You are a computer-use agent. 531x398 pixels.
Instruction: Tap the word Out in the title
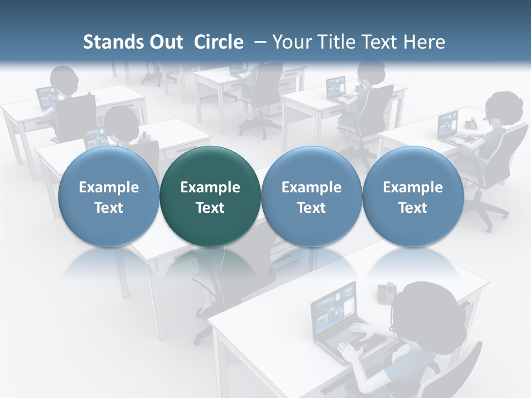[x=166, y=42]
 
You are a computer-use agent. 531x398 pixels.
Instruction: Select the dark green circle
[x=210, y=196]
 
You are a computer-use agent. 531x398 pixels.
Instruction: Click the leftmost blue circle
[x=108, y=196]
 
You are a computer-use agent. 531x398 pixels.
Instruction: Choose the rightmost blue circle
[x=413, y=196]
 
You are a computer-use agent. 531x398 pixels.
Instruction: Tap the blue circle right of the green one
[x=311, y=196]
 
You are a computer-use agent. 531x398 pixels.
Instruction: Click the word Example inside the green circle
[x=210, y=187]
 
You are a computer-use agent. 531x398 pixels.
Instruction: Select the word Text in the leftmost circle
[x=108, y=208]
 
